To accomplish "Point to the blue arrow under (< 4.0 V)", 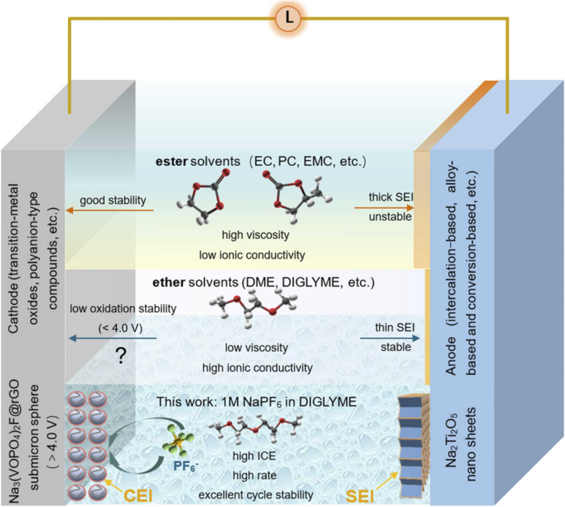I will click(110, 338).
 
